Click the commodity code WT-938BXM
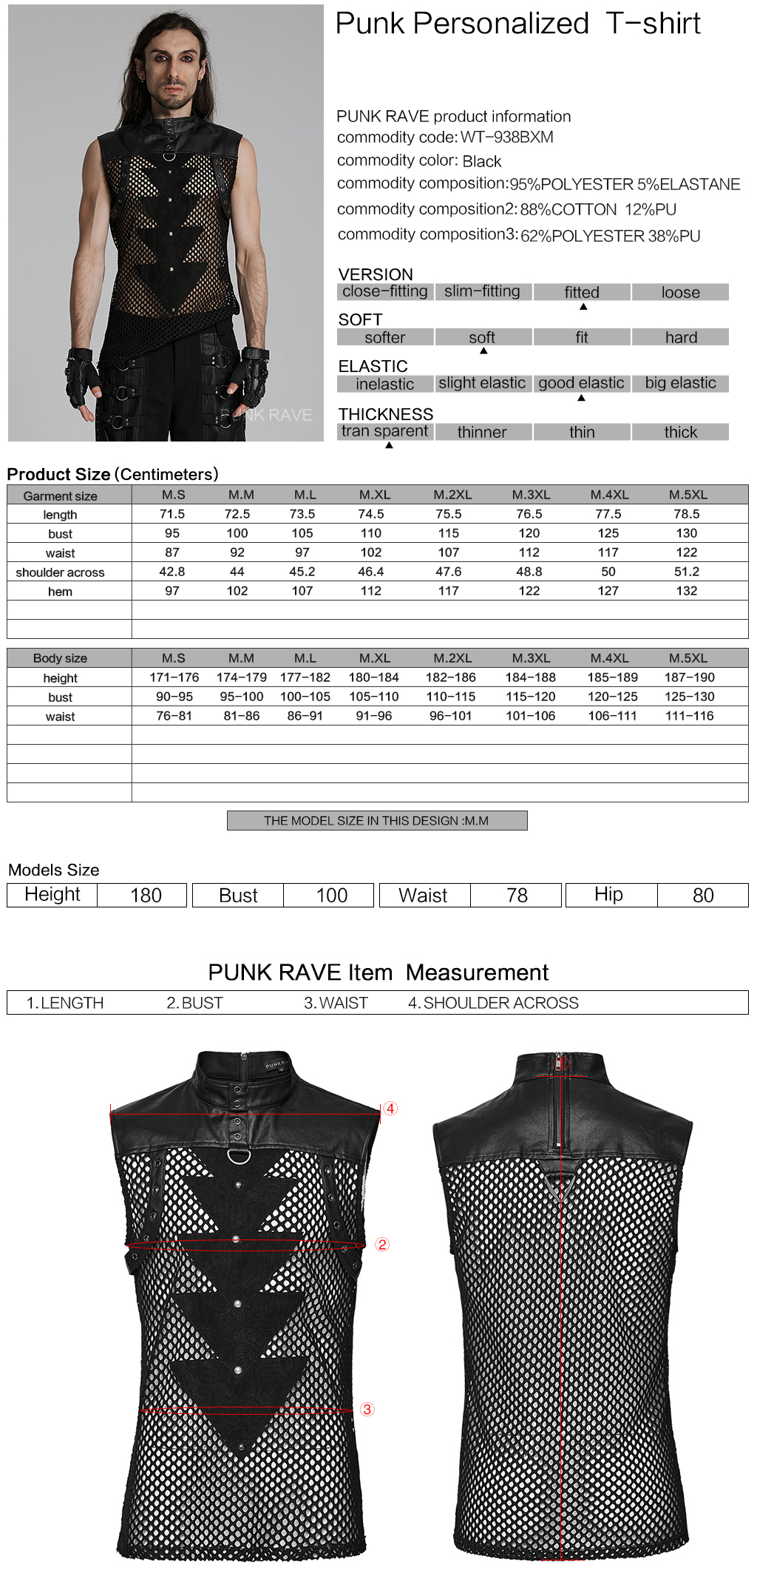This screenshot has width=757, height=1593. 506,138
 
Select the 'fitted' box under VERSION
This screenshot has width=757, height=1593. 582,292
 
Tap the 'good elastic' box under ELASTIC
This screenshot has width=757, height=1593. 581,383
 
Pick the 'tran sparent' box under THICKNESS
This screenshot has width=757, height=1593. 384,431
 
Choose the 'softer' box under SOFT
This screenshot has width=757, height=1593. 384,338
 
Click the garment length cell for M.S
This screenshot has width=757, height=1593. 172,514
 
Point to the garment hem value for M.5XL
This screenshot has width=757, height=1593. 686,591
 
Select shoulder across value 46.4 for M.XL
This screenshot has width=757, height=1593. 370,572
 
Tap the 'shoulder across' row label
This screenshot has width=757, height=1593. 60,572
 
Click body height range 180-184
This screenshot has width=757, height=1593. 373,677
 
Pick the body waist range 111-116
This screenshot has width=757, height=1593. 689,716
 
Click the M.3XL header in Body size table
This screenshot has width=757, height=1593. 531,658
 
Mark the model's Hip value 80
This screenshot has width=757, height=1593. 702,896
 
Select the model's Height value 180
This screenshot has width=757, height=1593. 146,896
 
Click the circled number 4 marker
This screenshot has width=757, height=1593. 390,1109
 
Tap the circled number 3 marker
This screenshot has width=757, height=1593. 367,1410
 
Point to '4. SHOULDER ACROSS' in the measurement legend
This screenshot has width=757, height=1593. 493,1003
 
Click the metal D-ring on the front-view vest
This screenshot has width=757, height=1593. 238,1156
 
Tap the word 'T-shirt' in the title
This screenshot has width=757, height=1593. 653,24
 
